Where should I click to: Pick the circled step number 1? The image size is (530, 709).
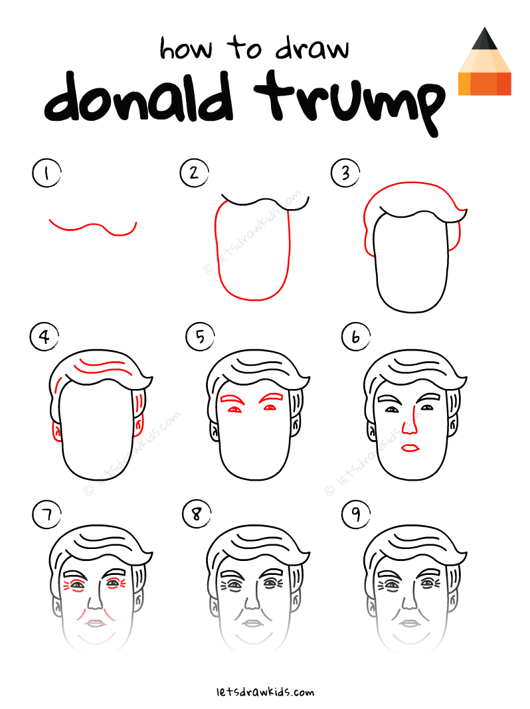[x=46, y=174]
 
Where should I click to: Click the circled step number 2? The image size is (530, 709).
[x=193, y=173]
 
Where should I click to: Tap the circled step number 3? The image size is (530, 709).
[x=345, y=174]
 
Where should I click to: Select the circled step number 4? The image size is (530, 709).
[x=44, y=337]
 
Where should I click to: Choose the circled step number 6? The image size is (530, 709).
[x=355, y=338]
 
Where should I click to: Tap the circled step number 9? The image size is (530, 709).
[x=355, y=515]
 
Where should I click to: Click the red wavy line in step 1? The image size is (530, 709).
[x=93, y=227]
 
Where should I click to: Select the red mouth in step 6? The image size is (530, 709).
[x=410, y=449]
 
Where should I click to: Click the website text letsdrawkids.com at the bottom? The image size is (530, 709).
[x=265, y=692]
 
